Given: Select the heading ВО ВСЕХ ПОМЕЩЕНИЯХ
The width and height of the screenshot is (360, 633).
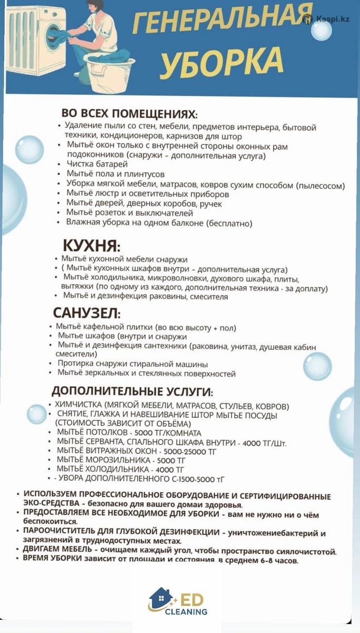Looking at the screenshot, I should click(x=130, y=114).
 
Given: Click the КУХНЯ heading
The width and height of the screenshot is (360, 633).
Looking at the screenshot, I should click(x=92, y=246).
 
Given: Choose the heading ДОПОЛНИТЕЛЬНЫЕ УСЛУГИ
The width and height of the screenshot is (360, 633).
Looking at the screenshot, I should click(x=132, y=392).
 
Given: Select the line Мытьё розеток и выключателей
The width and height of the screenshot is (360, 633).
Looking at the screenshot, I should click(x=129, y=214).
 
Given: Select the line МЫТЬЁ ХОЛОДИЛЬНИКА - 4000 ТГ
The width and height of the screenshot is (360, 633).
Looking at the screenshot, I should click(x=121, y=469).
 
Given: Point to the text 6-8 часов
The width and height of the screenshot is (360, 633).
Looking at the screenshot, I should click(x=279, y=561).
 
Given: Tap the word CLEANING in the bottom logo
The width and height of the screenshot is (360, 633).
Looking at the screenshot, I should click(x=186, y=612).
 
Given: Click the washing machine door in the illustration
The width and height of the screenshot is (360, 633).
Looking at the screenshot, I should click(x=55, y=37).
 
